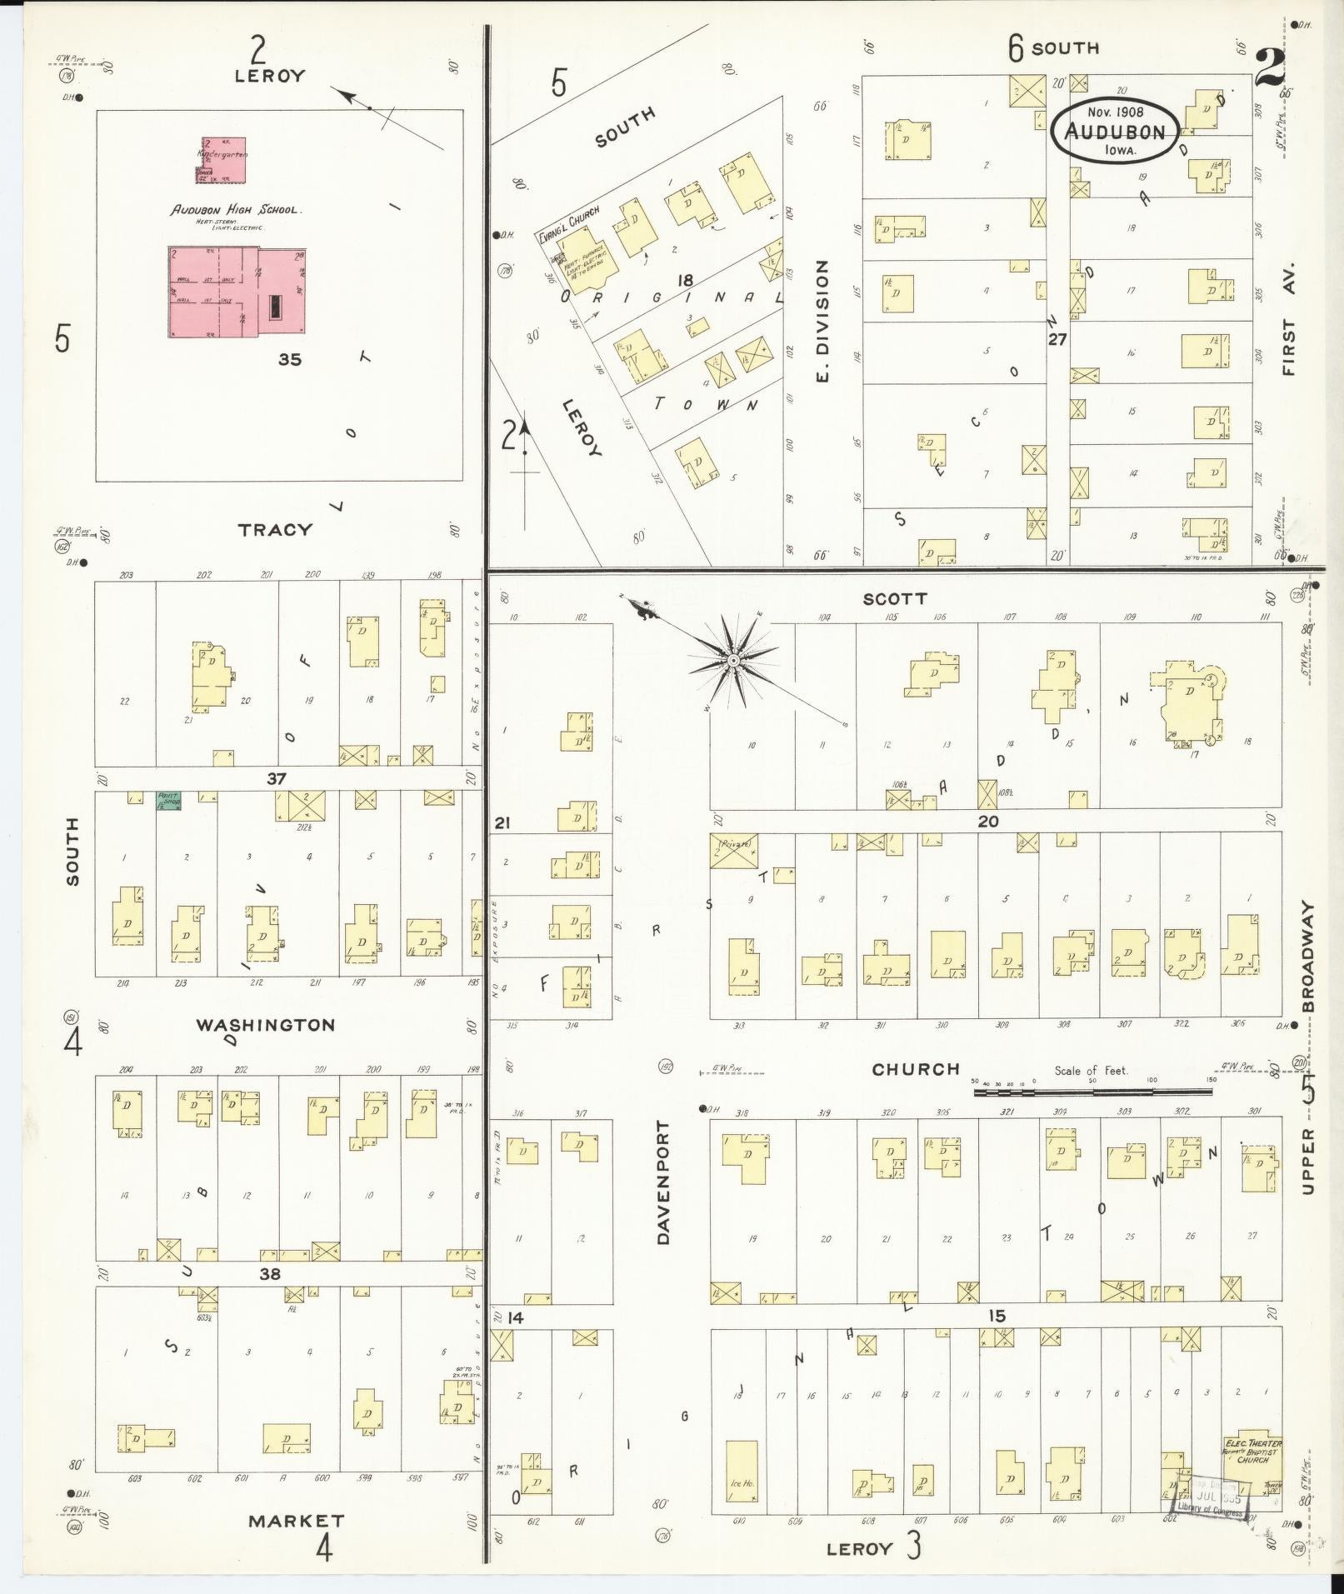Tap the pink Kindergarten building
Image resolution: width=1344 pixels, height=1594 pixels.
(x=222, y=160)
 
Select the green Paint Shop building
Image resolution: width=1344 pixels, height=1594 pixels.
(x=169, y=801)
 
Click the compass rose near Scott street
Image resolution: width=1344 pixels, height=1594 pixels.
(x=732, y=661)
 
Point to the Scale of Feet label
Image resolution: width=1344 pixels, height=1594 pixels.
(x=1091, y=1071)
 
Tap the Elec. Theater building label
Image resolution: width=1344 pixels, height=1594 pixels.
(x=1252, y=1444)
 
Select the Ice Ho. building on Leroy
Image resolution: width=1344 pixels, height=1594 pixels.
(x=742, y=1472)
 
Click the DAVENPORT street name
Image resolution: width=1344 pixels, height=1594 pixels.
(x=663, y=1182)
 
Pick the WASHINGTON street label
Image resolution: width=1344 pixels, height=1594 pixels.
(x=266, y=1025)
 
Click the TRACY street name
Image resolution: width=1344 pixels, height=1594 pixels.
(x=275, y=529)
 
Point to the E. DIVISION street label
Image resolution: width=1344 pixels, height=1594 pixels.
(x=822, y=321)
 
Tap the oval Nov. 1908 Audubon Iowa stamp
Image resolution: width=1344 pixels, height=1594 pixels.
(x=1114, y=132)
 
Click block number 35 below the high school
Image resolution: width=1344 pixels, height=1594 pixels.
(x=290, y=360)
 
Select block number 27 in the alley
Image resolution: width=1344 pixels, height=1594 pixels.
(x=1057, y=339)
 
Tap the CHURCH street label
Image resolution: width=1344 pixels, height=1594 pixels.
(x=916, y=1069)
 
